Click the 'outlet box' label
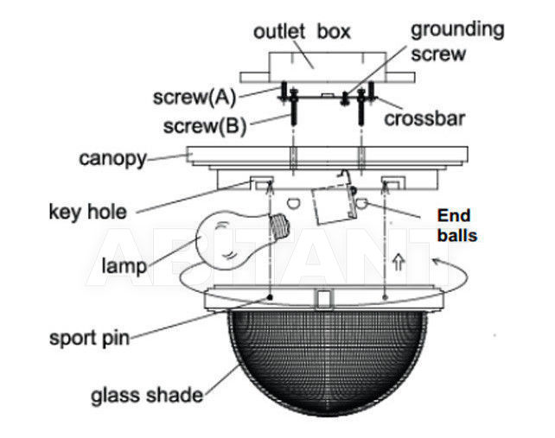pos(302,32)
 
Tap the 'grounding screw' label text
pos(457,41)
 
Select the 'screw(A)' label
pos(194,97)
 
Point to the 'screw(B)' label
pos(205,126)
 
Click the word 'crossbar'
pos(424,118)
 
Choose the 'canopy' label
pos(112,159)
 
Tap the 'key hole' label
pos(88,212)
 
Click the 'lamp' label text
pos(124,266)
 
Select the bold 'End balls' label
pos(456,225)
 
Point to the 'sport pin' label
pos(90,339)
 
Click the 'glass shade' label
pos(147,396)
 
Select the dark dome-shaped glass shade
pos(327,361)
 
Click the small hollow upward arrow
pos(399,262)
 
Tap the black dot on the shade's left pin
pos(270,297)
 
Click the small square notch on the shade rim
pos(323,299)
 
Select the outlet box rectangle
pos(328,67)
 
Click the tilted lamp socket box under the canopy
pos(335,205)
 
